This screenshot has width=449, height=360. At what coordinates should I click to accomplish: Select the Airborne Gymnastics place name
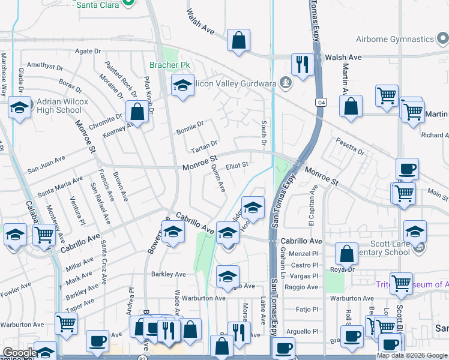(x=402, y=40)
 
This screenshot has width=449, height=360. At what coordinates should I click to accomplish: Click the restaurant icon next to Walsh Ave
(x=302, y=65)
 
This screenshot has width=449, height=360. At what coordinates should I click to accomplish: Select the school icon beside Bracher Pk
(x=182, y=86)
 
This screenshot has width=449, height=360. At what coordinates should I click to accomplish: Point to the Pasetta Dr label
(x=350, y=148)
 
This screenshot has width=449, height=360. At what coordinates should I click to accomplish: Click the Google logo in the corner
(x=20, y=353)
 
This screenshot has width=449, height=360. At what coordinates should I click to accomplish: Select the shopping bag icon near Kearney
(x=137, y=112)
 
